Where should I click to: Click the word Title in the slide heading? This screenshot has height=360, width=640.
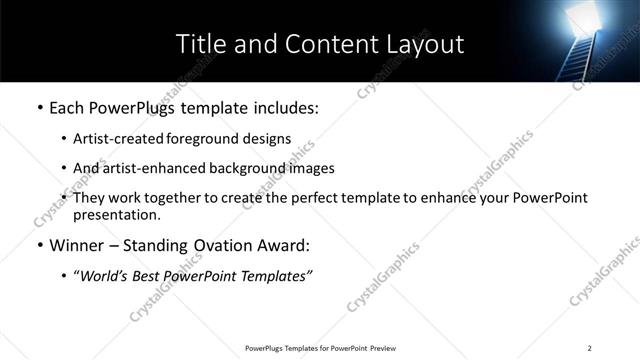tap(200, 44)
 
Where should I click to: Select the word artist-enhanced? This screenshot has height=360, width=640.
tap(144, 168)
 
